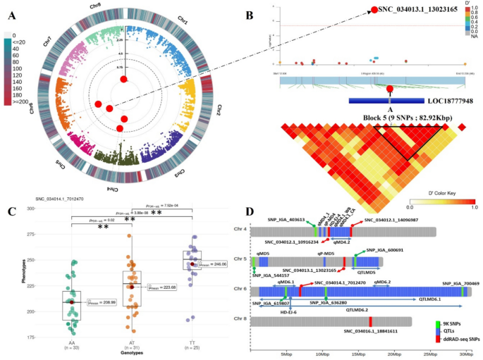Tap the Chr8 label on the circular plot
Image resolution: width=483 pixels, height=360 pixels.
[99, 9]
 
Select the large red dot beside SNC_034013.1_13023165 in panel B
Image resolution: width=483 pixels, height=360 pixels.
[373, 10]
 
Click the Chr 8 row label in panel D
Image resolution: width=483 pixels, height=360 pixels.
[241, 321]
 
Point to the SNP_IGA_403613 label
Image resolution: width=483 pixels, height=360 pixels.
[287, 219]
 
